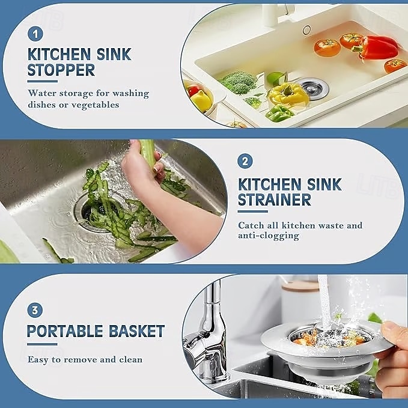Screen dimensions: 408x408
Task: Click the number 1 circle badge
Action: point(35,34)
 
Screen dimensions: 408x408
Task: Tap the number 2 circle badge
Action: point(245,161)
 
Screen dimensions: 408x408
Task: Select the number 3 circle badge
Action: point(35,310)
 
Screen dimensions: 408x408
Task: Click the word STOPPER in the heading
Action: point(61,70)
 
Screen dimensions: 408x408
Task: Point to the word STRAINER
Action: point(274,200)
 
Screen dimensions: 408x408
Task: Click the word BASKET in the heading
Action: point(136,331)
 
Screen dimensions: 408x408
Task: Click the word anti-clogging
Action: point(269,236)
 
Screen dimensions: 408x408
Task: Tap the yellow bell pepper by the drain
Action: point(288,94)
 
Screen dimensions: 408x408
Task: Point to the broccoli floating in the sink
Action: point(237,82)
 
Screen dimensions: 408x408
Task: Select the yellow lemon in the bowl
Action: point(201,100)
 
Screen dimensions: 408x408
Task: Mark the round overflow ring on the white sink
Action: point(307,30)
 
